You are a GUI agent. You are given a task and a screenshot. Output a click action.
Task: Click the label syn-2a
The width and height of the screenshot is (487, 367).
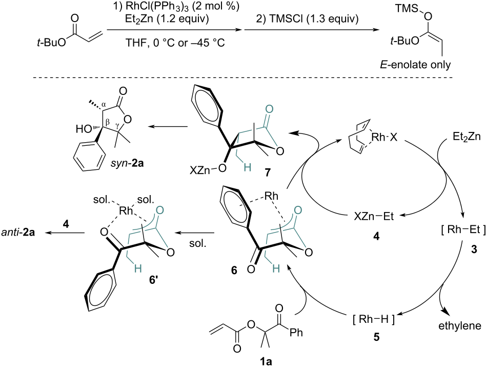pos(127,163)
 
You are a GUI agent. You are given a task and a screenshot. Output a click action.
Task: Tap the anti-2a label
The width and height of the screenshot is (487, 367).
pos(18,233)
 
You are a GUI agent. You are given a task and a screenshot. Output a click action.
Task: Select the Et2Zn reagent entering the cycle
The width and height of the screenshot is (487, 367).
pos(466,137)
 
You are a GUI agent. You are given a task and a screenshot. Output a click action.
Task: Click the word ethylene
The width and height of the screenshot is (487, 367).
pos(460,325)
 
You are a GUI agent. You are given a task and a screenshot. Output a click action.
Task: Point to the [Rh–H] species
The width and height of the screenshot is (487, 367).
pos(374,319)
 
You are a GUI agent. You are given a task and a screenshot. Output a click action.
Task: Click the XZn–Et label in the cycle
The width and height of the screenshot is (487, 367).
pos(374,217)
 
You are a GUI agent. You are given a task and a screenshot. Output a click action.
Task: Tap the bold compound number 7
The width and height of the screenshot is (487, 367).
pos(268,171)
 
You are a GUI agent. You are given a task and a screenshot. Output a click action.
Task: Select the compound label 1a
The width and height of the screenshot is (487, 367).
pos(266,362)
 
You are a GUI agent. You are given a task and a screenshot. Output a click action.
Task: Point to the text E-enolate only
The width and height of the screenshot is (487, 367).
pos(415,65)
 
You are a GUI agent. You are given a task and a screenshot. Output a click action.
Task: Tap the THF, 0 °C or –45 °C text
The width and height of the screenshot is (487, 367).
pos(175,43)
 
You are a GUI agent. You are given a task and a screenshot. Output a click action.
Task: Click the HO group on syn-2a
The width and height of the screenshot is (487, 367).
pos(84,128)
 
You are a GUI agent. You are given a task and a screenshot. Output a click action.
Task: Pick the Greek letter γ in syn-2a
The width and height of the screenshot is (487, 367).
pos(117,124)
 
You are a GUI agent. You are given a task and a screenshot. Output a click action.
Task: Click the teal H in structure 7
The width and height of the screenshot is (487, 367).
pos(247,168)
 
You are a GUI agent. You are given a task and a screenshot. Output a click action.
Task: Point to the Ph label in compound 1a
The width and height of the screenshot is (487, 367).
pos(296,333)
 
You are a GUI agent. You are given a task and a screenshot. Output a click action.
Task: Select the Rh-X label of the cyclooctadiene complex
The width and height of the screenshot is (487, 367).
pos(384,137)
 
